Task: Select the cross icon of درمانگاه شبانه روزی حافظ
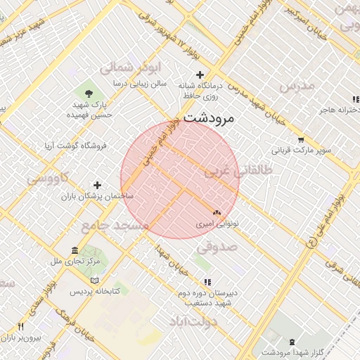click(x=200, y=75)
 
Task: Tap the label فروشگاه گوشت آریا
click(x=75, y=146)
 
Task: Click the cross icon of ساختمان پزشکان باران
click(x=98, y=185)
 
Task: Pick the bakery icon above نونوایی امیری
click(x=217, y=212)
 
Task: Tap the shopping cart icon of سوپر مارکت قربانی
click(x=301, y=139)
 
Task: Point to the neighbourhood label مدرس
click(x=298, y=85)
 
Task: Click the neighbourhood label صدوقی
click(x=217, y=247)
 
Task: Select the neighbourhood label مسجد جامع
click(x=115, y=226)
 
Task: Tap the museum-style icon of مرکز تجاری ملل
click(x=75, y=250)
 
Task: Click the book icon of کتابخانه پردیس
click(x=75, y=280)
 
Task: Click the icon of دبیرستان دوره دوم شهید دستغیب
click(x=207, y=282)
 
